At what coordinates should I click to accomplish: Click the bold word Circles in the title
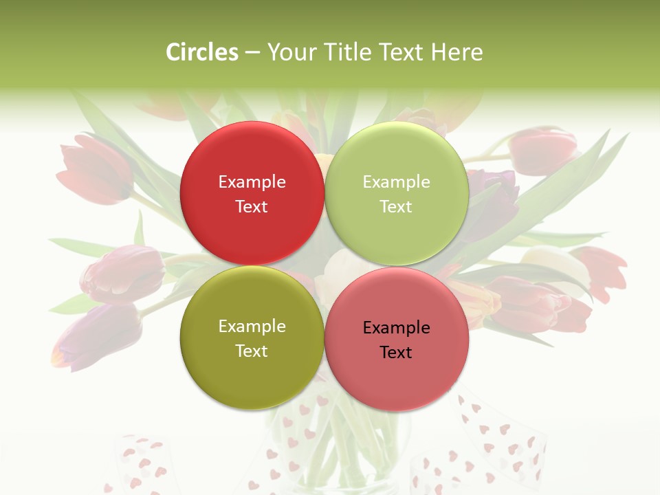(202, 52)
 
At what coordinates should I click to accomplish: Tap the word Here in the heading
(456, 52)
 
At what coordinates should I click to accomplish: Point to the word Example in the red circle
(252, 181)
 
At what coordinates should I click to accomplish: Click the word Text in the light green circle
(396, 206)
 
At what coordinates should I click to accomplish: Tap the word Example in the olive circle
(252, 327)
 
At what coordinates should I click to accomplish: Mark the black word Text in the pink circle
(396, 352)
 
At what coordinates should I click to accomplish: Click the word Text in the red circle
(252, 206)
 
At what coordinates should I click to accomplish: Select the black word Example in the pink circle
(396, 328)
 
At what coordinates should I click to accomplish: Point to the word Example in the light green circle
(396, 181)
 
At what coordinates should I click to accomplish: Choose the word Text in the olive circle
(252, 351)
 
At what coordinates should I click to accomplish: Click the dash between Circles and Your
(252, 53)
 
